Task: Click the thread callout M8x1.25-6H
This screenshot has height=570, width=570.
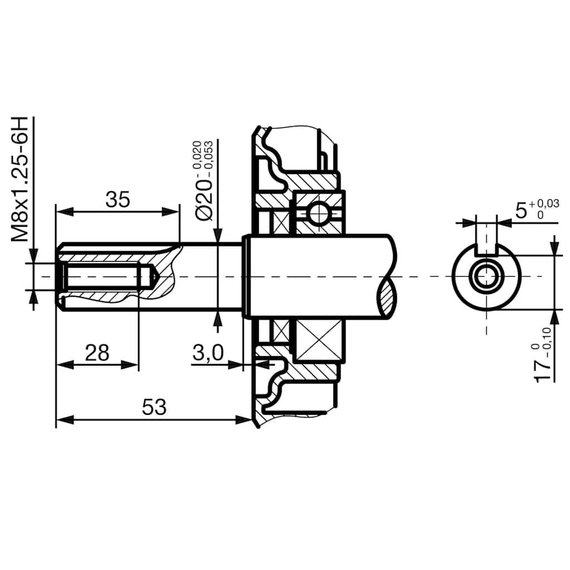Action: pyautogui.click(x=21, y=179)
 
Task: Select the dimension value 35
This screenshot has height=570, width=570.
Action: pyautogui.click(x=117, y=199)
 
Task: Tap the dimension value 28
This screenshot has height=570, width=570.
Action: pyautogui.click(x=97, y=352)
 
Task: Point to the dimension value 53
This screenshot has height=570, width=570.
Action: pyautogui.click(x=154, y=407)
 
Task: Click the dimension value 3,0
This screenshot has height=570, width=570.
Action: pyautogui.click(x=208, y=352)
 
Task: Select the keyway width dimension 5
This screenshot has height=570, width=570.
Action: pyautogui.click(x=521, y=210)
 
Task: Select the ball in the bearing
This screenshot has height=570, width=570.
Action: pyautogui.click(x=319, y=213)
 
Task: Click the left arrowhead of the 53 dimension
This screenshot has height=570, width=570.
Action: pyautogui.click(x=65, y=419)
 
